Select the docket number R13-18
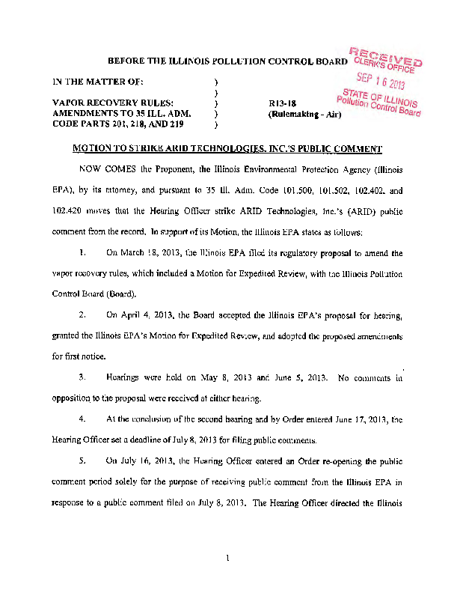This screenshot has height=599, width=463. (x=282, y=104)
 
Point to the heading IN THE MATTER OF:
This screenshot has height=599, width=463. (x=93, y=80)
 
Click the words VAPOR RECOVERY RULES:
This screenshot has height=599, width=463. (x=113, y=103)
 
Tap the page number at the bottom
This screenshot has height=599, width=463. (x=233, y=558)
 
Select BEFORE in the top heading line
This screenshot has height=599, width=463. (x=126, y=60)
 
